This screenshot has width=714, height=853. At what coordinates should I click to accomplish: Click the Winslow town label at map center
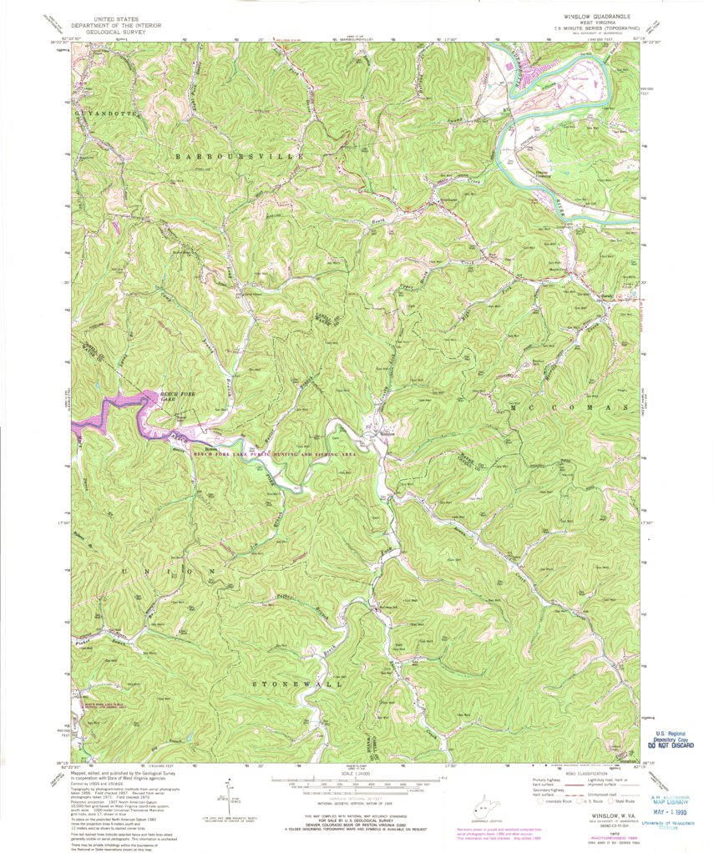[387, 434]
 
